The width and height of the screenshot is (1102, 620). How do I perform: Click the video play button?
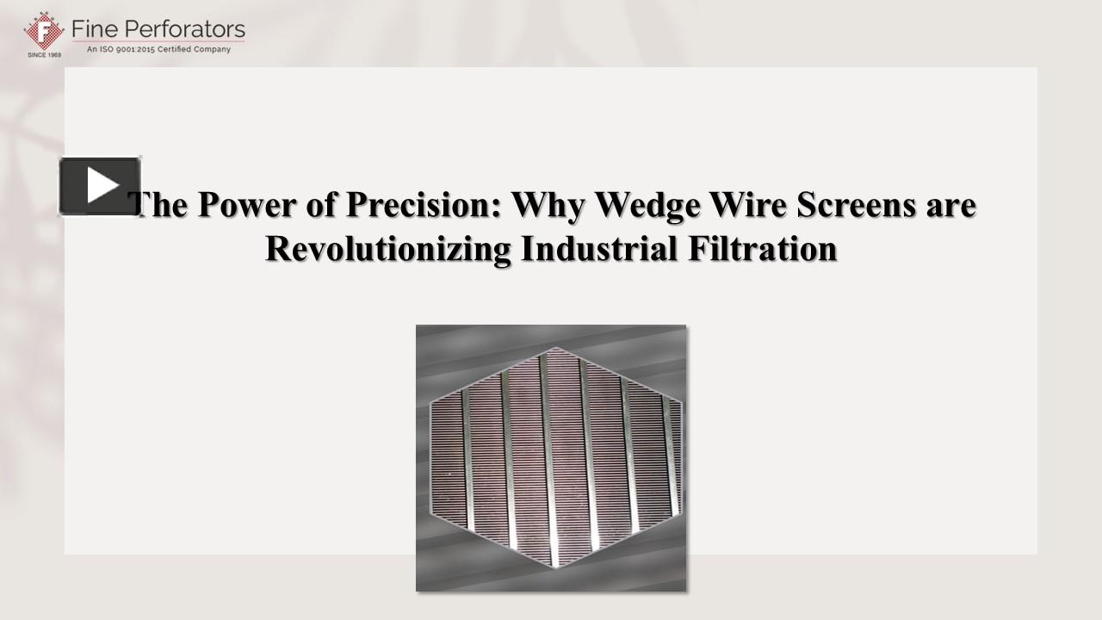tap(100, 185)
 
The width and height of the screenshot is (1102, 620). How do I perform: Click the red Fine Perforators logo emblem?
tap(43, 31)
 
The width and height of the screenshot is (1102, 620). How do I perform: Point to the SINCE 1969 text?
tap(44, 54)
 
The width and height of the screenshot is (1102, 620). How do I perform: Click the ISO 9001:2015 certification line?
tap(158, 50)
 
